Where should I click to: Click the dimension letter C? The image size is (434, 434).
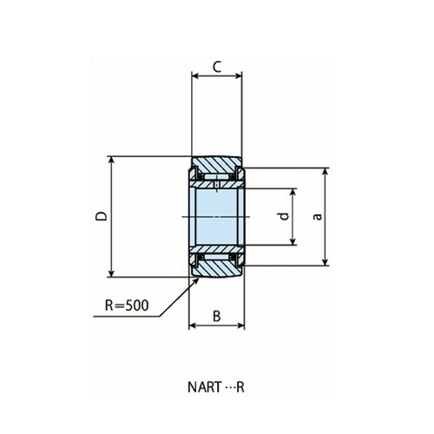(217, 67)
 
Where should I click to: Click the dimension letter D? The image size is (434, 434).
(102, 216)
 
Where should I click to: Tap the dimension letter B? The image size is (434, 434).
(217, 316)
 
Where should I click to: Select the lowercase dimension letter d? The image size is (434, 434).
(285, 216)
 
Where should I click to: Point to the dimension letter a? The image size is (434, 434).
(318, 216)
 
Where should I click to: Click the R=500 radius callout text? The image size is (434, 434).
(127, 306)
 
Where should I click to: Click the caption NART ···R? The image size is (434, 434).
(216, 387)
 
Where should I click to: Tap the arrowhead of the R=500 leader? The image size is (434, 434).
(197, 279)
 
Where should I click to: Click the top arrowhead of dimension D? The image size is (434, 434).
(111, 160)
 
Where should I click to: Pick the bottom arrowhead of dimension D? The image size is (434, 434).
(111, 273)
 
